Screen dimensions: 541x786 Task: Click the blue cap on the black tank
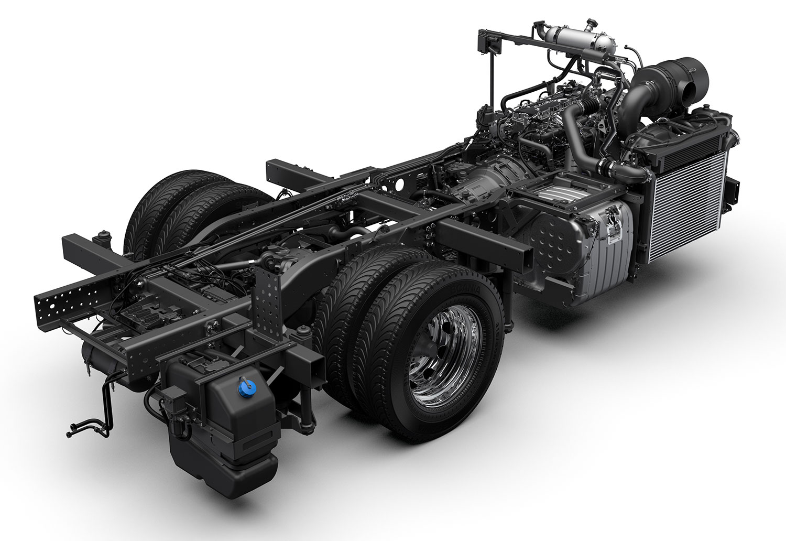[242, 388]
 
